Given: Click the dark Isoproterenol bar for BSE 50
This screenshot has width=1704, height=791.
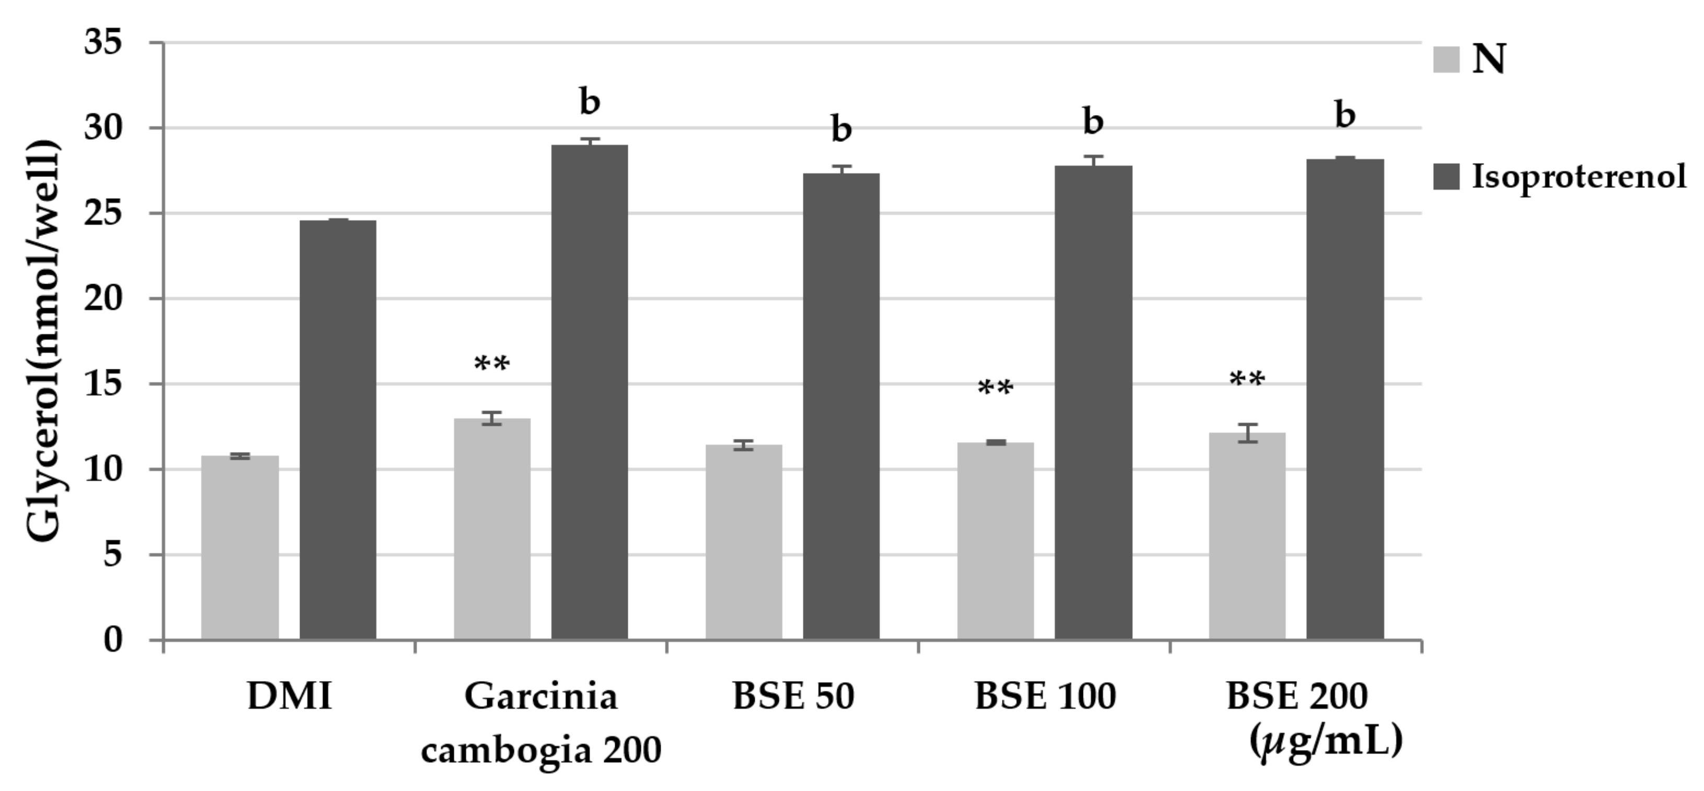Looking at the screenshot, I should tap(841, 406).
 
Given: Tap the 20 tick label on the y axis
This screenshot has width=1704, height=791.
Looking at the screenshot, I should tap(104, 299).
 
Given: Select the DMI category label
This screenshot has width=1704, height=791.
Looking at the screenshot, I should tap(289, 696).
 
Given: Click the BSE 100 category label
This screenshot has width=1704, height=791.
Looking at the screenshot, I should tap(1045, 696).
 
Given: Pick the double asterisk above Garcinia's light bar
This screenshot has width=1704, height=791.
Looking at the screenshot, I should tap(491, 364).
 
